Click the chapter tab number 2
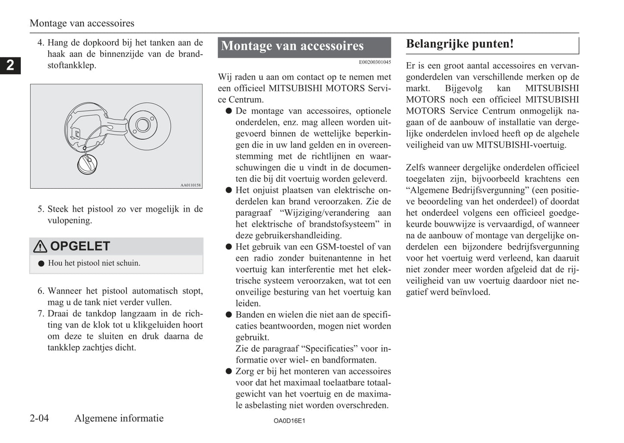tap(10, 65)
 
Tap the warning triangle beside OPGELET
tap(40, 247)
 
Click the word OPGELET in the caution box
tap(80, 246)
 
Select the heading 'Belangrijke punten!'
tap(460, 44)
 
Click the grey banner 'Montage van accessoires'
tap(304, 46)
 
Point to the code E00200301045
tap(375, 62)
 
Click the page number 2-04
tap(39, 418)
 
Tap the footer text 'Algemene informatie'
tap(119, 418)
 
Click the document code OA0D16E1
tap(289, 421)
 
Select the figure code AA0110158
tap(190, 185)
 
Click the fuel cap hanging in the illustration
tap(88, 165)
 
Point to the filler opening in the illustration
tap(143, 126)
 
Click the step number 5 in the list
tap(41, 209)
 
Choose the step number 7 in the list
tap(41, 314)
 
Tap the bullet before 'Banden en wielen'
tap(229, 315)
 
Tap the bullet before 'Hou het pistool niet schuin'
tap(41, 263)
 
